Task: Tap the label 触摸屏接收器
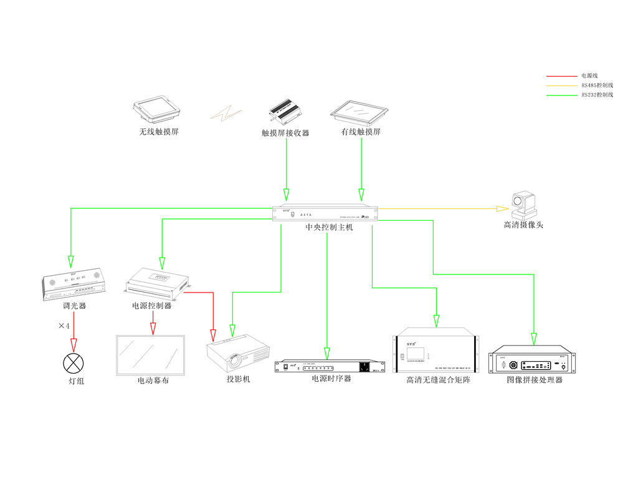coord(285,133)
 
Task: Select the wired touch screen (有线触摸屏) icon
coord(361,111)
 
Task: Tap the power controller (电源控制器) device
coord(156,283)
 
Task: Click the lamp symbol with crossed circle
coord(74,362)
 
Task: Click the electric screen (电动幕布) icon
coord(151,355)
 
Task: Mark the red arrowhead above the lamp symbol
coord(74,345)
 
